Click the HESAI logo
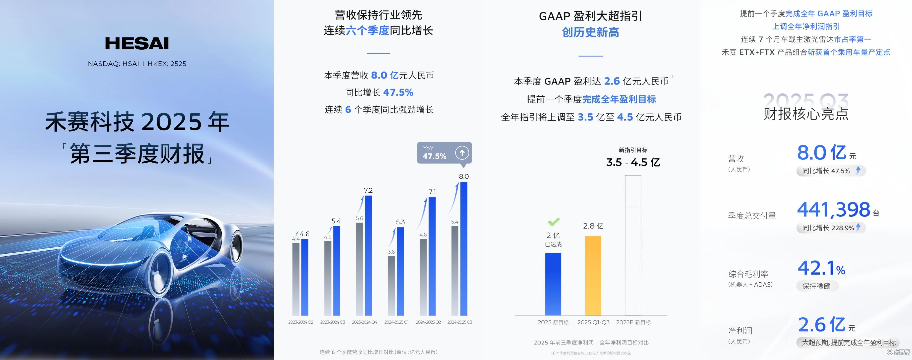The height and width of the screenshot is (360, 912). pyautogui.click(x=137, y=43)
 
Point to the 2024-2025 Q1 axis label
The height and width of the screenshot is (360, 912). pyautogui.click(x=396, y=322)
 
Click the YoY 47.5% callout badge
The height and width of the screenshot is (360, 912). pyautogui.click(x=444, y=153)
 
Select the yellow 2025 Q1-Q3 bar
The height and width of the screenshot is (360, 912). pyautogui.click(x=593, y=275)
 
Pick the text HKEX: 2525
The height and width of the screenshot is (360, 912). pyautogui.click(x=167, y=64)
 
